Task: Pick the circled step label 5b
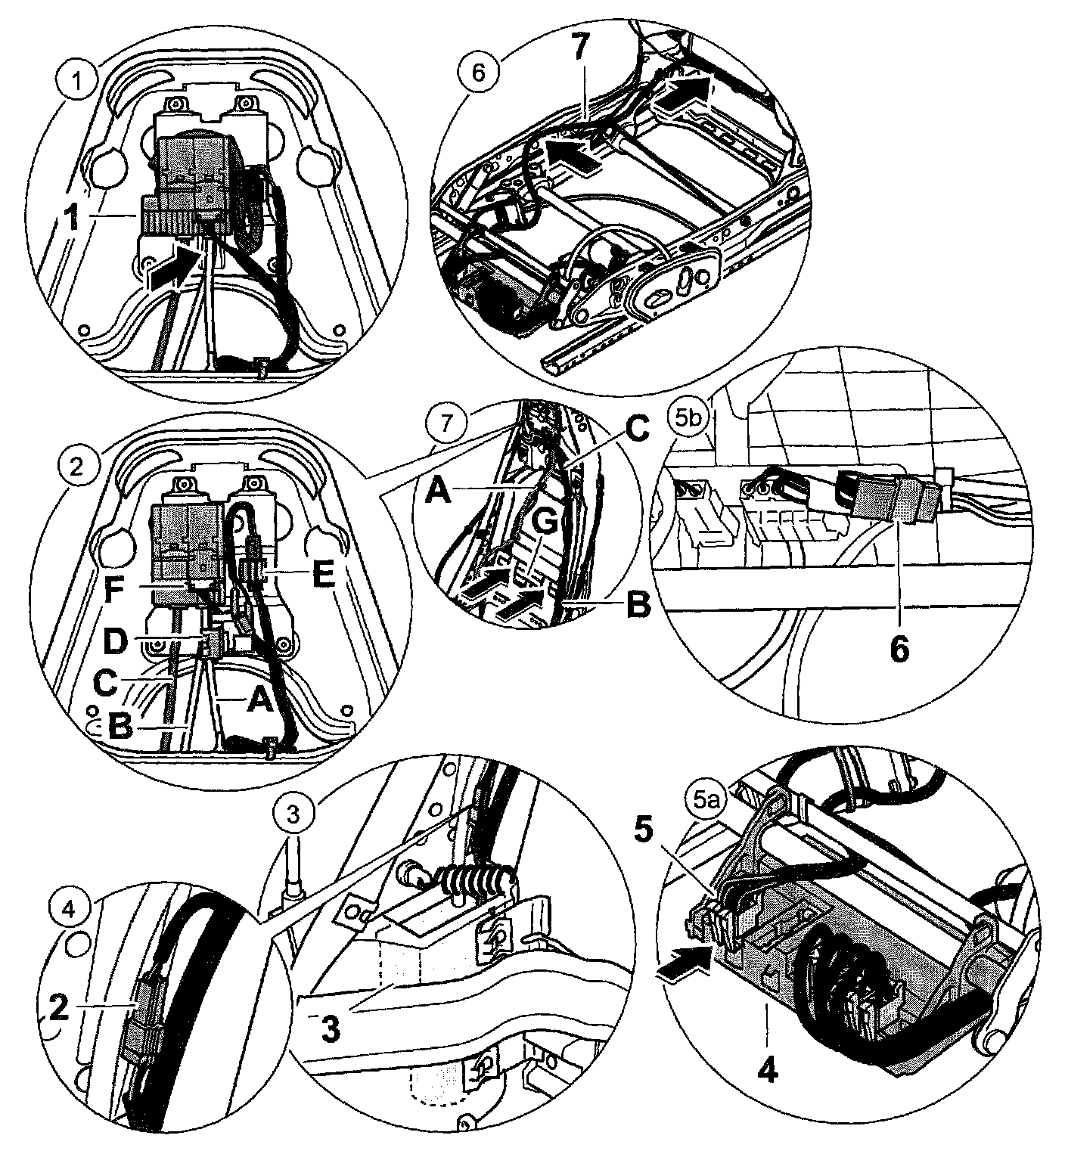(x=685, y=419)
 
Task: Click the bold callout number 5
(x=642, y=830)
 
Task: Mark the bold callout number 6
(x=899, y=650)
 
